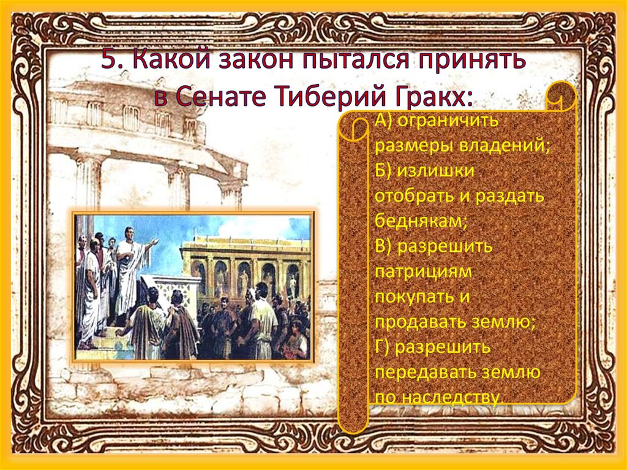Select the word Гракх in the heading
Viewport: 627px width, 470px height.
(424, 96)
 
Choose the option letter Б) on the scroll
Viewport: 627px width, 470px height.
(383, 170)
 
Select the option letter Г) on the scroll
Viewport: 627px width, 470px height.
(382, 347)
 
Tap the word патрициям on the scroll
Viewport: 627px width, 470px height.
(424, 272)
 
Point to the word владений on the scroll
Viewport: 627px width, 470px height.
(505, 146)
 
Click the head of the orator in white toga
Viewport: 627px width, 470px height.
(129, 233)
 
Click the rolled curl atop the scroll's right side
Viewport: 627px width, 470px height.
(561, 97)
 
